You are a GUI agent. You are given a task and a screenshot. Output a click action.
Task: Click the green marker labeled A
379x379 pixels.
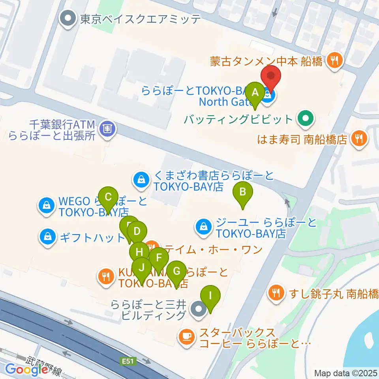click(255, 93)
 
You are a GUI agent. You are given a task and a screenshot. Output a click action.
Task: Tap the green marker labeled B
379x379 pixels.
click(243, 192)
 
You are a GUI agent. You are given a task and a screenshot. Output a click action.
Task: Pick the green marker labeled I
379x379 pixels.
click(210, 295)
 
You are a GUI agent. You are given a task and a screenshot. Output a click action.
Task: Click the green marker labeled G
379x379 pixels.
click(176, 271)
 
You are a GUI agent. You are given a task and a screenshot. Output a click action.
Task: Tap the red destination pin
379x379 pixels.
click(271, 76)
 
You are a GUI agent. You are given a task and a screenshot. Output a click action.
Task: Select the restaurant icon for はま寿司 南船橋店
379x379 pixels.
click(359, 139)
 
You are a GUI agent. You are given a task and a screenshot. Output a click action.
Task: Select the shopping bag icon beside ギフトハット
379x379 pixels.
click(47, 237)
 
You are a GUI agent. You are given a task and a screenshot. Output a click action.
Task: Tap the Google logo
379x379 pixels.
click(26, 370)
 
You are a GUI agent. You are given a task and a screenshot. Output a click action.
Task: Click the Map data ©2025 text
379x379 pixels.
click(345, 373)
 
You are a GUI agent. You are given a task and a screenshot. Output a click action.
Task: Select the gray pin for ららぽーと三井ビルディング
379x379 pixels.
click(198, 309)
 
